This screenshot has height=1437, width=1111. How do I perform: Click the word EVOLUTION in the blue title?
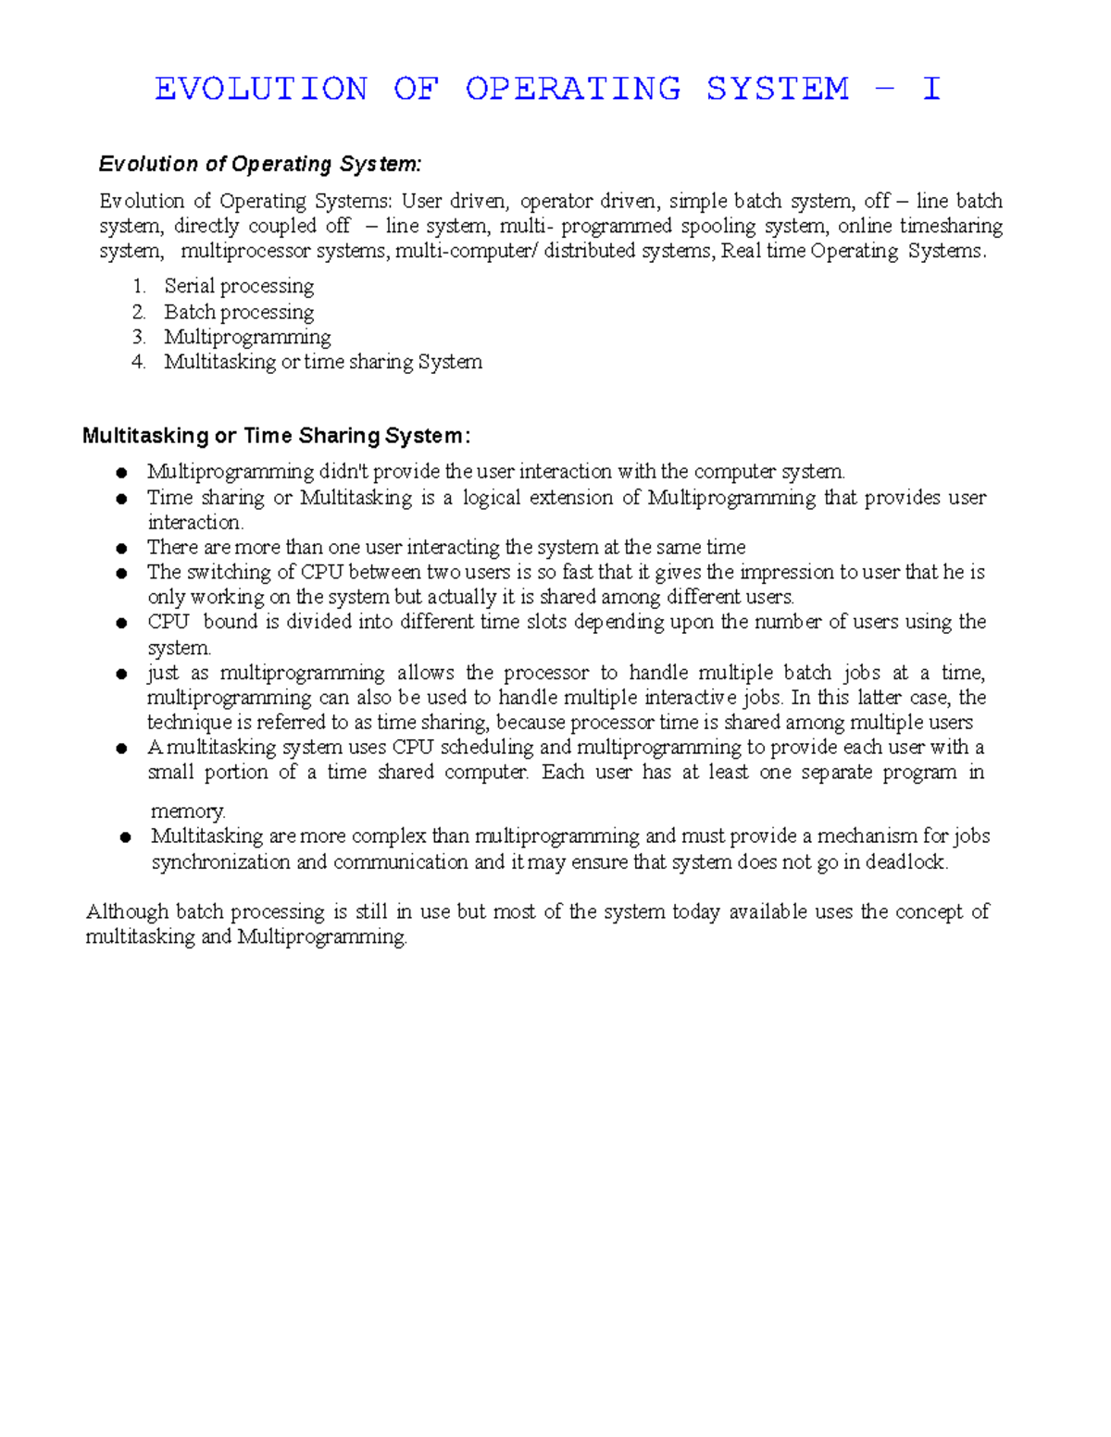click(261, 89)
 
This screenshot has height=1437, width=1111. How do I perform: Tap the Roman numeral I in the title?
click(930, 89)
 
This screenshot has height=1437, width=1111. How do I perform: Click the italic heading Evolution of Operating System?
click(260, 165)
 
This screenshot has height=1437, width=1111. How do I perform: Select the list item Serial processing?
click(239, 286)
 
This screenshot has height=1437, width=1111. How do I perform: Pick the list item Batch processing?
click(239, 312)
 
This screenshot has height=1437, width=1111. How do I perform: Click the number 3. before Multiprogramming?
click(139, 337)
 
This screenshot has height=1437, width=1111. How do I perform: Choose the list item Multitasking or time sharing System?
click(323, 362)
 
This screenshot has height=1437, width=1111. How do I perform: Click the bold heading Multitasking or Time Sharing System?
click(276, 436)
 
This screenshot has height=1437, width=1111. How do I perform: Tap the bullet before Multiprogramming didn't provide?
click(121, 473)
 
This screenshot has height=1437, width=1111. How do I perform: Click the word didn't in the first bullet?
click(344, 472)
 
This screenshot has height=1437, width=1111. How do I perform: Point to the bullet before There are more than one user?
click(121, 548)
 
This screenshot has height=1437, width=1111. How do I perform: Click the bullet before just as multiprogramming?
click(121, 674)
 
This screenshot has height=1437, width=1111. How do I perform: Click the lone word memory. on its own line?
click(188, 811)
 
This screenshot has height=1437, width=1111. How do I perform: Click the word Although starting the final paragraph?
click(127, 912)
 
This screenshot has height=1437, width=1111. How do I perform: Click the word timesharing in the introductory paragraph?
click(951, 227)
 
